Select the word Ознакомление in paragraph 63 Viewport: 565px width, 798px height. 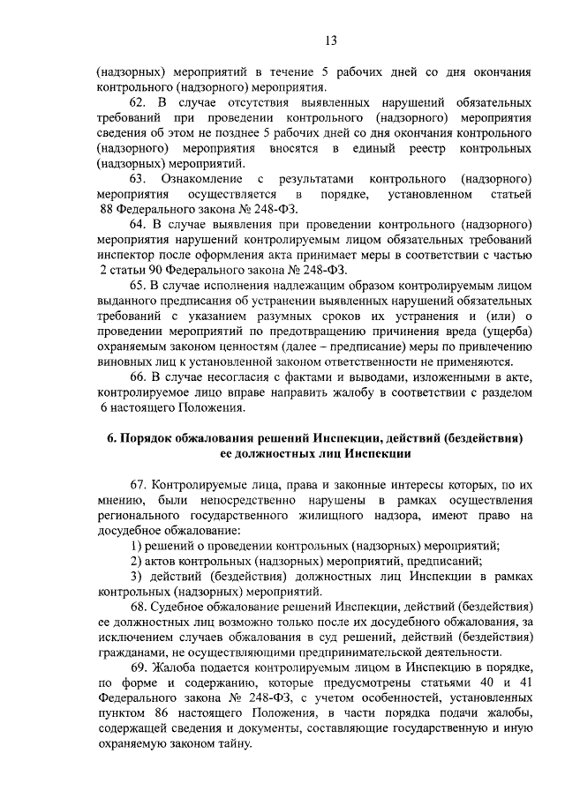tap(202, 179)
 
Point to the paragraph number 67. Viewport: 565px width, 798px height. tap(138, 485)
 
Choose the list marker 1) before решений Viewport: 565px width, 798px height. tap(135, 546)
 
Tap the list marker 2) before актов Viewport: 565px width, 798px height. tap(135, 561)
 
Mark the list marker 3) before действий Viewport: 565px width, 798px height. tap(135, 576)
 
